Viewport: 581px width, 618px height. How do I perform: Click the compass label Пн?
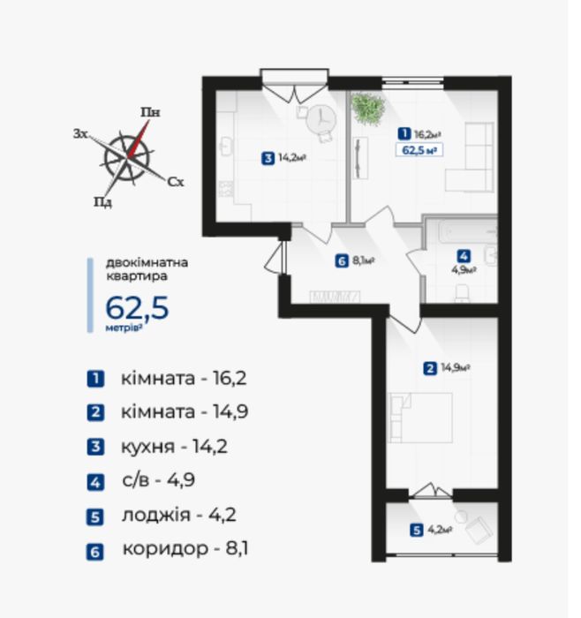[x=151, y=112]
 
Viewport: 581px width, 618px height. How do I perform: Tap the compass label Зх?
[x=80, y=133]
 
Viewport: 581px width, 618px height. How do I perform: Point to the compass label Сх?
[x=176, y=182]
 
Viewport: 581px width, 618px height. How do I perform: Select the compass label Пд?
[x=102, y=202]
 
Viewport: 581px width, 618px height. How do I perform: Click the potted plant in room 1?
[x=367, y=109]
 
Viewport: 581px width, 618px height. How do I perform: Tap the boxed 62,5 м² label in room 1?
[x=419, y=150]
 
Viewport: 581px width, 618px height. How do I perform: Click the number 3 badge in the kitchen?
[x=268, y=159]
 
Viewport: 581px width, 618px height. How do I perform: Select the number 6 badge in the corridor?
[x=342, y=261]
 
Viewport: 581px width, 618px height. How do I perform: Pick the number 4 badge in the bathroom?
[x=464, y=257]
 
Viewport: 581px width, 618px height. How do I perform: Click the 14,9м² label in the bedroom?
[x=456, y=368]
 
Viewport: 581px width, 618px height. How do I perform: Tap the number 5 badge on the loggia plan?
[x=416, y=531]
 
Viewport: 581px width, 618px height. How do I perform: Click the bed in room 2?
[x=420, y=418]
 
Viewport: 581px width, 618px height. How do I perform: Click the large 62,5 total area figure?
[x=137, y=308]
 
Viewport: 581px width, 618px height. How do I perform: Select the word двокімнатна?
[x=147, y=262]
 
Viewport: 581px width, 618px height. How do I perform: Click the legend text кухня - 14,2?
[x=174, y=447]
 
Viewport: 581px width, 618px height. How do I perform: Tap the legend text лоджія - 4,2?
[x=179, y=515]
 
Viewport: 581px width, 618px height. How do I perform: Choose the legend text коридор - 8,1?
[x=185, y=548]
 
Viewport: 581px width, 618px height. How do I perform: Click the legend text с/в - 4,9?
[x=158, y=480]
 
